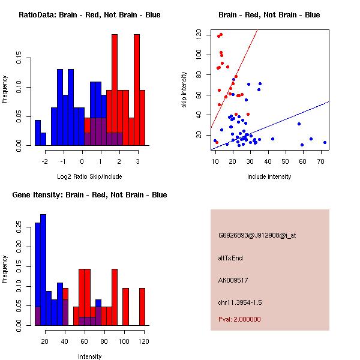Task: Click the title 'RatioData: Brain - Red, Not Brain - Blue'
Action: (x=89, y=15)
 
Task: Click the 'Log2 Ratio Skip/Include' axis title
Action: (x=89, y=176)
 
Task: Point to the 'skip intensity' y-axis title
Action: (x=185, y=89)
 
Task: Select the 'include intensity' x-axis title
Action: (x=269, y=176)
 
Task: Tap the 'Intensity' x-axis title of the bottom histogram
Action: (x=89, y=356)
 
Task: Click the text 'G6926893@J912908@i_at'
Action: (x=257, y=235)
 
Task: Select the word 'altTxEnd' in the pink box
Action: (x=230, y=258)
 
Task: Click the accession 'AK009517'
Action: (x=233, y=280)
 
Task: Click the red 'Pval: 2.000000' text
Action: (x=239, y=319)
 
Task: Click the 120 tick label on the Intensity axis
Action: (x=142, y=341)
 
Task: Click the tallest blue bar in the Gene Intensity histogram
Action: (x=43, y=270)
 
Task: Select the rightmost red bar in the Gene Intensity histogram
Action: (x=142, y=307)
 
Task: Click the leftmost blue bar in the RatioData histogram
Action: (x=38, y=133)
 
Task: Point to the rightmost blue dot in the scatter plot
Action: (x=325, y=142)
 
